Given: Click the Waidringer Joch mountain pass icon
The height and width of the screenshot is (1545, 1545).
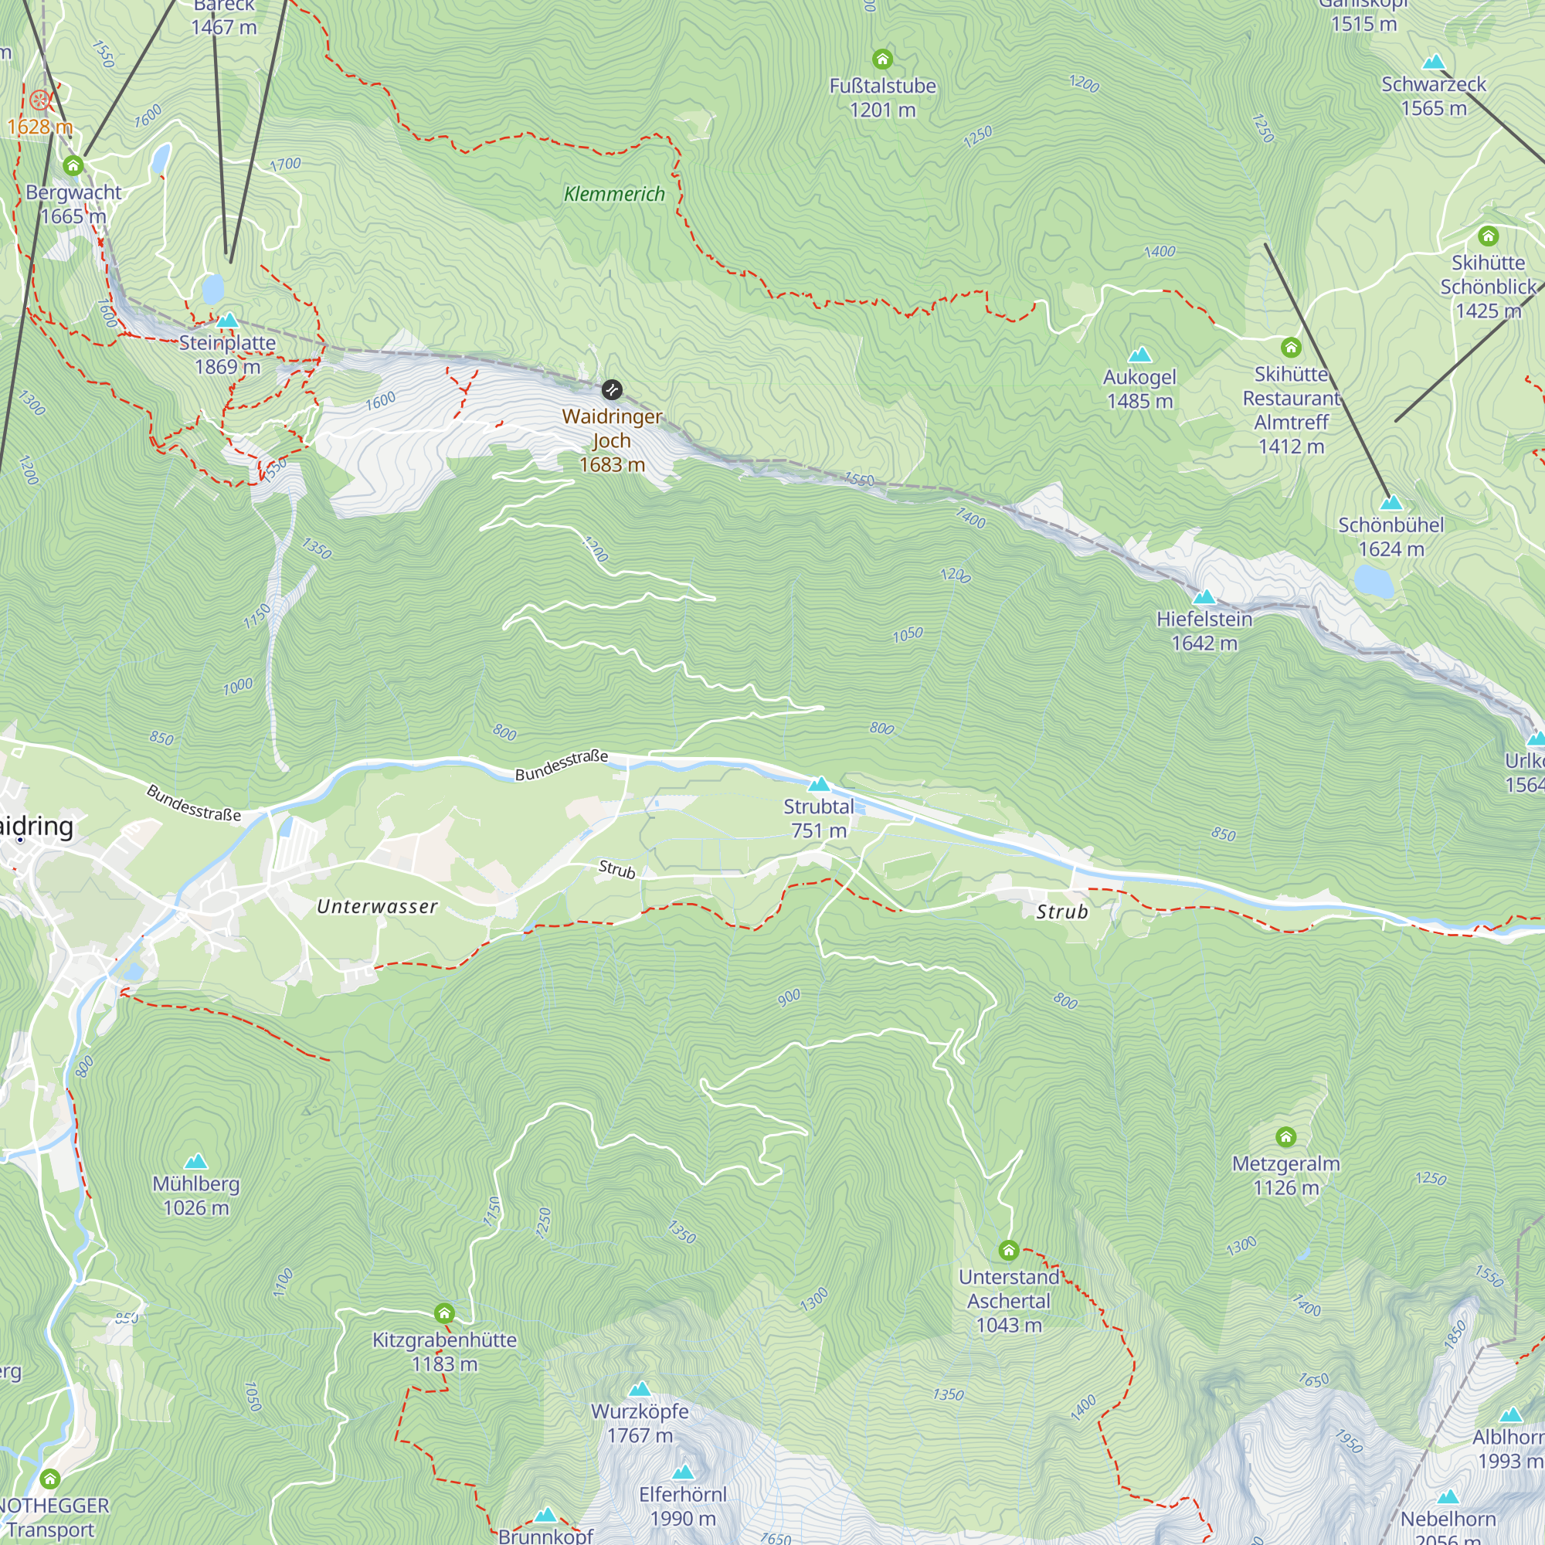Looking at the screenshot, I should (612, 389).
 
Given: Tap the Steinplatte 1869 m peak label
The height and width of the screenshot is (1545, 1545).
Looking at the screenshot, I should (227, 355).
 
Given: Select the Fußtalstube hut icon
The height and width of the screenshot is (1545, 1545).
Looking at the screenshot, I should (882, 59).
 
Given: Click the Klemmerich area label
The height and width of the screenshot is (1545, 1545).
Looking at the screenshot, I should (614, 194).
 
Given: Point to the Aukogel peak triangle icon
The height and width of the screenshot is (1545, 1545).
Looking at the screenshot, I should (1139, 355).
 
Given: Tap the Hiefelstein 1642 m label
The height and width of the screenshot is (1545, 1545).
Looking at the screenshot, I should (1204, 630).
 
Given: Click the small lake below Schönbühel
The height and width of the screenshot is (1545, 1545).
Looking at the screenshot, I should (1373, 581).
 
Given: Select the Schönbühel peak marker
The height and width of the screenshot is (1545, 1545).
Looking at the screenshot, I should (1391, 503).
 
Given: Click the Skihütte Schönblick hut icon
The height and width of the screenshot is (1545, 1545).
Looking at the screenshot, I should (1487, 236).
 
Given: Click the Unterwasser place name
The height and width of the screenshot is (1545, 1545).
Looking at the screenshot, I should (377, 906).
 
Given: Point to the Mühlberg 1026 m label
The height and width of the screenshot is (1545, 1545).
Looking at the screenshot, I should (196, 1196).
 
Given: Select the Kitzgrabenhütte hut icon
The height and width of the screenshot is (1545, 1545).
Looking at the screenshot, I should (444, 1313).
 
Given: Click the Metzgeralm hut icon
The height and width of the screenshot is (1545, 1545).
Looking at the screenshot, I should (1285, 1137).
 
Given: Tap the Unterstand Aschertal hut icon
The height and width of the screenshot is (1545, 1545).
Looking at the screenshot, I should (1008, 1250).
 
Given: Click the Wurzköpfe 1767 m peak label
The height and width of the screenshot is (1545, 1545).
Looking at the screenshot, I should (640, 1424).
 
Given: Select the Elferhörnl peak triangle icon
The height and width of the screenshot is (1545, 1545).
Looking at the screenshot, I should (682, 1472).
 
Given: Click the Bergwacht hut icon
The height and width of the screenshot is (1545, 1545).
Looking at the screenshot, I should (73, 165).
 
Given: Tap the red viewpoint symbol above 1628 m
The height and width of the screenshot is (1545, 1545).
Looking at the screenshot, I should (39, 100).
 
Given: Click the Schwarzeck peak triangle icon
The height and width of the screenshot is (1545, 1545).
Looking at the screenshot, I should (1434, 62).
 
